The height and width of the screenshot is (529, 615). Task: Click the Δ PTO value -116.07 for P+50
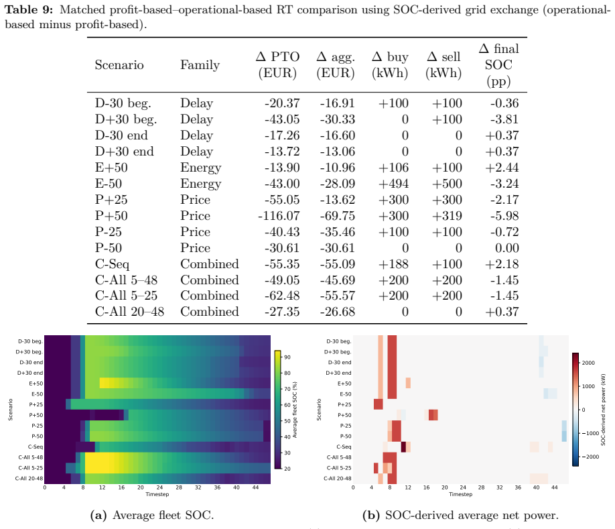click(x=279, y=216)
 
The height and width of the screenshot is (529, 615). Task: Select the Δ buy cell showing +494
click(x=393, y=184)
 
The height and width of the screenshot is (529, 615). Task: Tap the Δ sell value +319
click(x=447, y=216)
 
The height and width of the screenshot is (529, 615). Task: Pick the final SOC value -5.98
click(x=504, y=216)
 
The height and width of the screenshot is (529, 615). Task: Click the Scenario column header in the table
click(x=119, y=65)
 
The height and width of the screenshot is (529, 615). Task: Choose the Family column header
click(x=200, y=65)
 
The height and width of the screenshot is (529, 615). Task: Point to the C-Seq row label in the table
click(x=112, y=264)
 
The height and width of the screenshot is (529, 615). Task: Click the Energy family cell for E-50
click(x=201, y=184)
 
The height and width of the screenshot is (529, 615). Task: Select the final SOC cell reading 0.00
click(x=507, y=248)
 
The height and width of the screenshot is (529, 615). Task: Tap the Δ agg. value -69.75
click(x=337, y=216)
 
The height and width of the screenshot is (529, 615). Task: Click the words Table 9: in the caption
click(x=29, y=9)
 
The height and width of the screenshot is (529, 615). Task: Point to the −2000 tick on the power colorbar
click(x=590, y=457)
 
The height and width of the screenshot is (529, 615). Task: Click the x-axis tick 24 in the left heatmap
click(x=159, y=487)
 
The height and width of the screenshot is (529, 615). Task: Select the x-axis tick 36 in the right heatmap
click(x=518, y=487)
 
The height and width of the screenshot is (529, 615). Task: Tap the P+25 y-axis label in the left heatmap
click(x=36, y=404)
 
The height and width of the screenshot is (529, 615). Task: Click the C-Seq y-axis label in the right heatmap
click(x=344, y=447)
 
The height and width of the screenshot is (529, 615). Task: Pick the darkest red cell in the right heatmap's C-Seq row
click(x=403, y=447)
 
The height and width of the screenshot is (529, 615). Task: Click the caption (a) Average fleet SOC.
click(x=152, y=516)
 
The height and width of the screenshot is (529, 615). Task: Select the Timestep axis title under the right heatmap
click(x=460, y=494)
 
